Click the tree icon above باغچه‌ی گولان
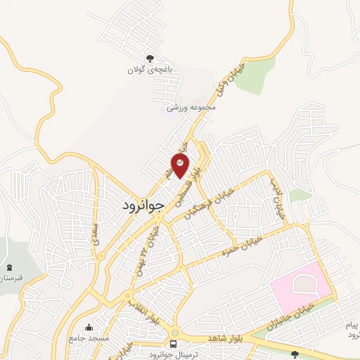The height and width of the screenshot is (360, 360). point(148,59)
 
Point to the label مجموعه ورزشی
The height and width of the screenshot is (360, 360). point(191,108)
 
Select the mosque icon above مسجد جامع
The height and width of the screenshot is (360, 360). point(89,328)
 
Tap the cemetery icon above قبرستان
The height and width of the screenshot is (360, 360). point(9,267)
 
